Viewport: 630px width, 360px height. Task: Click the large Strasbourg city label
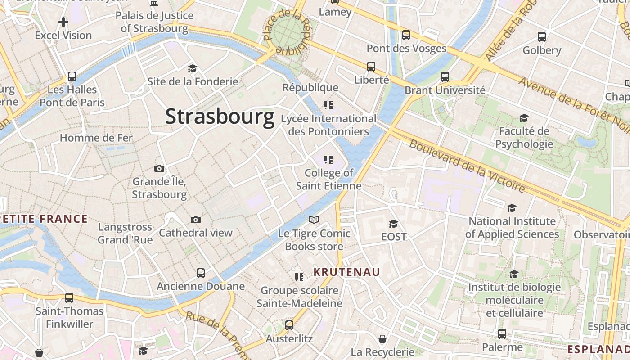pyautogui.click(x=220, y=117)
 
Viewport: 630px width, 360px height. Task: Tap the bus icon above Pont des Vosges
pyautogui.click(x=406, y=35)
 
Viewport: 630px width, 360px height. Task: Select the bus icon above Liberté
pyautogui.click(x=371, y=67)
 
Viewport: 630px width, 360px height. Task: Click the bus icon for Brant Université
pyautogui.click(x=445, y=76)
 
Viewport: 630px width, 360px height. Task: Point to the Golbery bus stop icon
pyautogui.click(x=542, y=37)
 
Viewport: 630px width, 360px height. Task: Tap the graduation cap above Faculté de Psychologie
pyautogui.click(x=524, y=118)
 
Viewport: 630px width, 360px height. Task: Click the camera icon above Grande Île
pyautogui.click(x=159, y=169)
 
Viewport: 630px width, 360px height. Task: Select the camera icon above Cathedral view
pyautogui.click(x=195, y=220)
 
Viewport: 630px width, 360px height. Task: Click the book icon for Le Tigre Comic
pyautogui.click(x=314, y=220)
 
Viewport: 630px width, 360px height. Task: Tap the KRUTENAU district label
pyautogui.click(x=346, y=272)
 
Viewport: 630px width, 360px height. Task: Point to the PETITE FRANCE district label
pyautogui.click(x=44, y=219)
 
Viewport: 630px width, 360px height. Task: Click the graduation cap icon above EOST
pyautogui.click(x=394, y=224)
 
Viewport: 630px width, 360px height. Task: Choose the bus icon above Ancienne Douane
pyautogui.click(x=201, y=273)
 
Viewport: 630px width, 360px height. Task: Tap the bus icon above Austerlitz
pyautogui.click(x=289, y=325)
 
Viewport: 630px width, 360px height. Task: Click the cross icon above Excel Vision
pyautogui.click(x=63, y=22)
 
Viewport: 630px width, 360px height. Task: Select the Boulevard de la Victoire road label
pyautogui.click(x=467, y=166)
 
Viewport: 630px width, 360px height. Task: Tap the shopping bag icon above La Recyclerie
pyautogui.click(x=382, y=338)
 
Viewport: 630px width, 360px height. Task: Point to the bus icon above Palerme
pyautogui.click(x=502, y=334)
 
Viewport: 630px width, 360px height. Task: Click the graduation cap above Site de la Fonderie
pyautogui.click(x=193, y=68)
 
